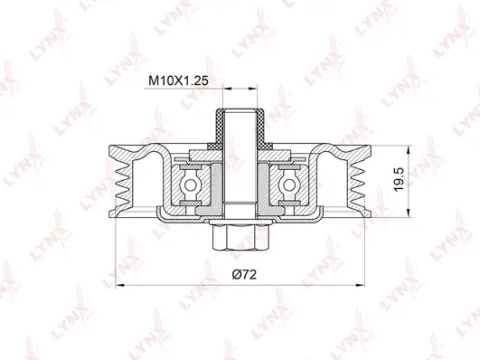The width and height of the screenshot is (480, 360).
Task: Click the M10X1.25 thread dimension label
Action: coord(177,79)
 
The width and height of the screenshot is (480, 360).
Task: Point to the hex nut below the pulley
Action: coord(239,239)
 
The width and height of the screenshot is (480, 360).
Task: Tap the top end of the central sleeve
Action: coord(239,111)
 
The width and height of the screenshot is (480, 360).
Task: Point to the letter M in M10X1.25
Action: coord(153,79)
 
